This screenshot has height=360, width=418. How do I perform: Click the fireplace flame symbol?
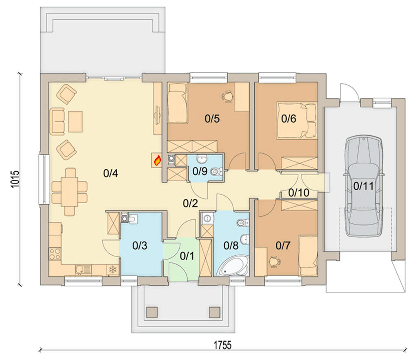click(x=157, y=160)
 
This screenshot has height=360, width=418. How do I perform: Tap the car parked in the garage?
click(x=364, y=186)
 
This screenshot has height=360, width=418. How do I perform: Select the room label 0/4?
click(x=111, y=173)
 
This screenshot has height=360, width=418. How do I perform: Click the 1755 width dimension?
click(x=222, y=345)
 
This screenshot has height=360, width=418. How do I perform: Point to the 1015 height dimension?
click(x=15, y=179)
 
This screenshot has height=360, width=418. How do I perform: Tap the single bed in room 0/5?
click(x=177, y=103)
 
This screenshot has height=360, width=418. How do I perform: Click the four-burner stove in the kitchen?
click(x=55, y=254)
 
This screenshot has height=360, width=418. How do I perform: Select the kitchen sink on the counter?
click(x=83, y=270)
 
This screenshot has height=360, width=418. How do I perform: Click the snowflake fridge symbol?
click(x=113, y=270)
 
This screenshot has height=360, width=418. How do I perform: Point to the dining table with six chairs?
click(x=69, y=192)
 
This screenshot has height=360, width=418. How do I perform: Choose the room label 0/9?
click(x=200, y=171)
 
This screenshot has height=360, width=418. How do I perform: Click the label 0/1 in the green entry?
click(x=187, y=256)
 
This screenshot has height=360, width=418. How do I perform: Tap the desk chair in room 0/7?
click(x=274, y=261)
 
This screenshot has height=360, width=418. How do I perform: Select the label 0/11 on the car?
click(x=363, y=186)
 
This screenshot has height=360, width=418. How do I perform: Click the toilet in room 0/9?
click(x=217, y=171)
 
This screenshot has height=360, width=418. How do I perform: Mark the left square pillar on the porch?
click(x=152, y=312)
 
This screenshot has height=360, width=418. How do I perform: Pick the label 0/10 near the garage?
click(x=299, y=192)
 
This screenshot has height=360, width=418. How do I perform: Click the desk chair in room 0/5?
click(x=227, y=96)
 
